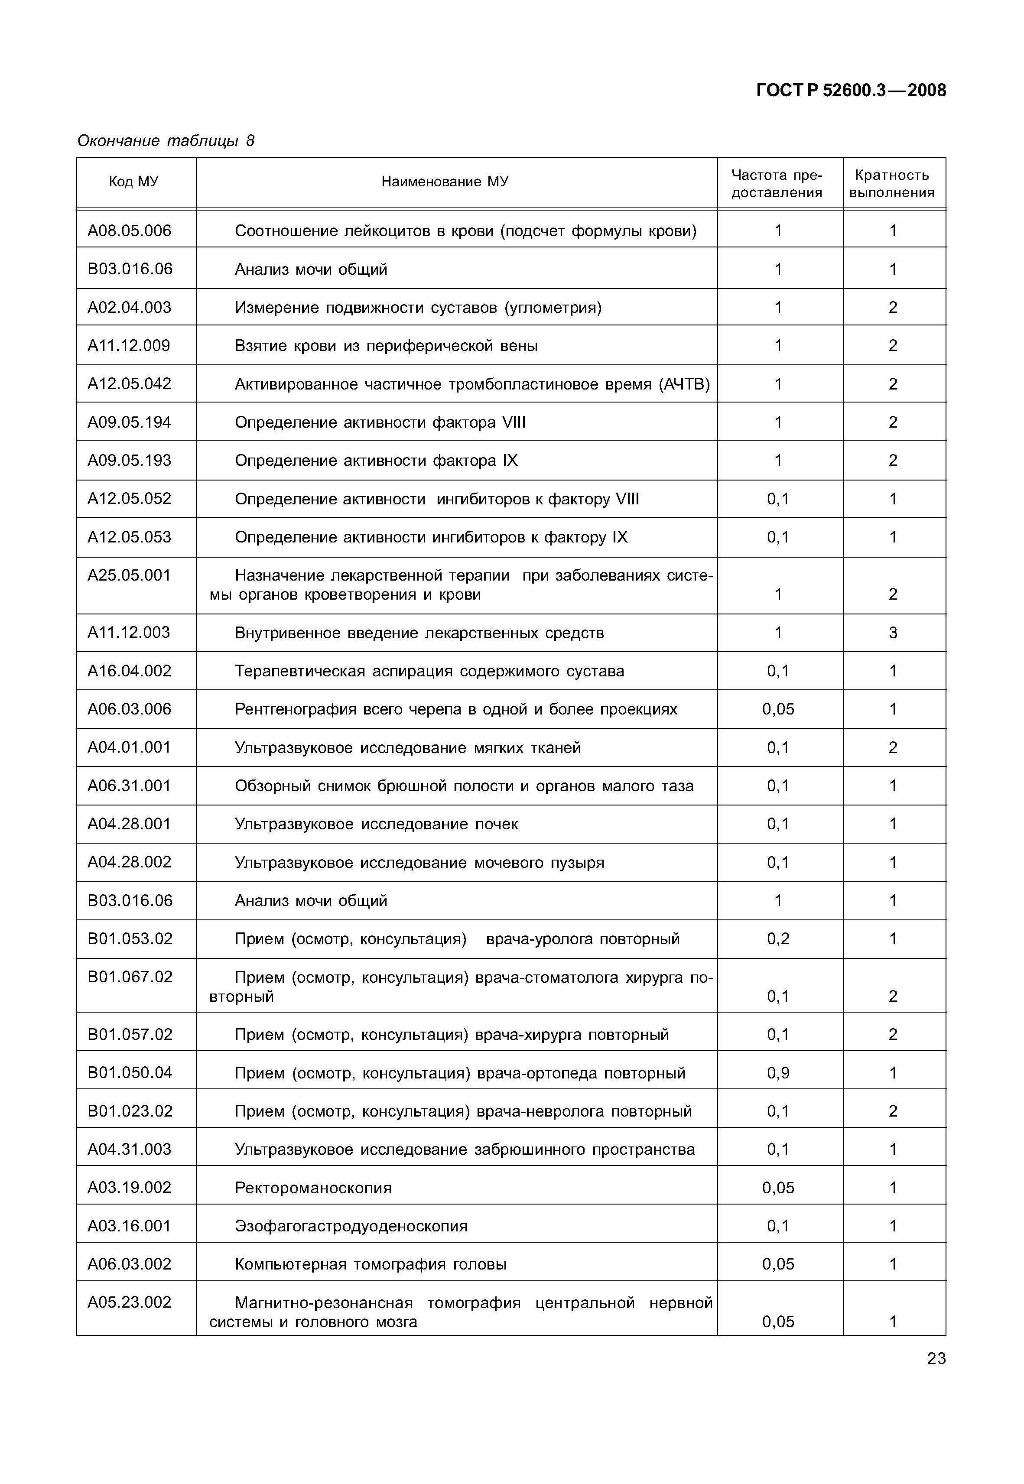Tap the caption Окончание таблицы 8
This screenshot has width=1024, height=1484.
tap(166, 140)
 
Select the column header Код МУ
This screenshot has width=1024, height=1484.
tap(133, 182)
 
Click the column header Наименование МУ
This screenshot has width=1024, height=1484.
tap(444, 182)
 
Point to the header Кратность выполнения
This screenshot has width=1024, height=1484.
tap(892, 184)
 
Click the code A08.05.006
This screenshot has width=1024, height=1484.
tap(130, 231)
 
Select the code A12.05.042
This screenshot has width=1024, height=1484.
tap(130, 384)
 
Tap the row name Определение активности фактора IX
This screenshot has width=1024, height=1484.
tap(376, 461)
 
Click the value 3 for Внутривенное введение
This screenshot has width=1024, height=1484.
tap(892, 633)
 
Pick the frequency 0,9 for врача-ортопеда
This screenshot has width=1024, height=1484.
tap(777, 1073)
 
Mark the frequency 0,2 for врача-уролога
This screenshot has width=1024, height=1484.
tap(777, 939)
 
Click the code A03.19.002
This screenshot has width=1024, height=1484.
tap(130, 1188)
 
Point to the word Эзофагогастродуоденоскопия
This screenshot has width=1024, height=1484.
tap(351, 1226)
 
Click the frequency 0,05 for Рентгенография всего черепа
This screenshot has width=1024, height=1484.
tap(777, 709)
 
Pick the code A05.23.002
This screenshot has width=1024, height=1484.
tap(130, 1302)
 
